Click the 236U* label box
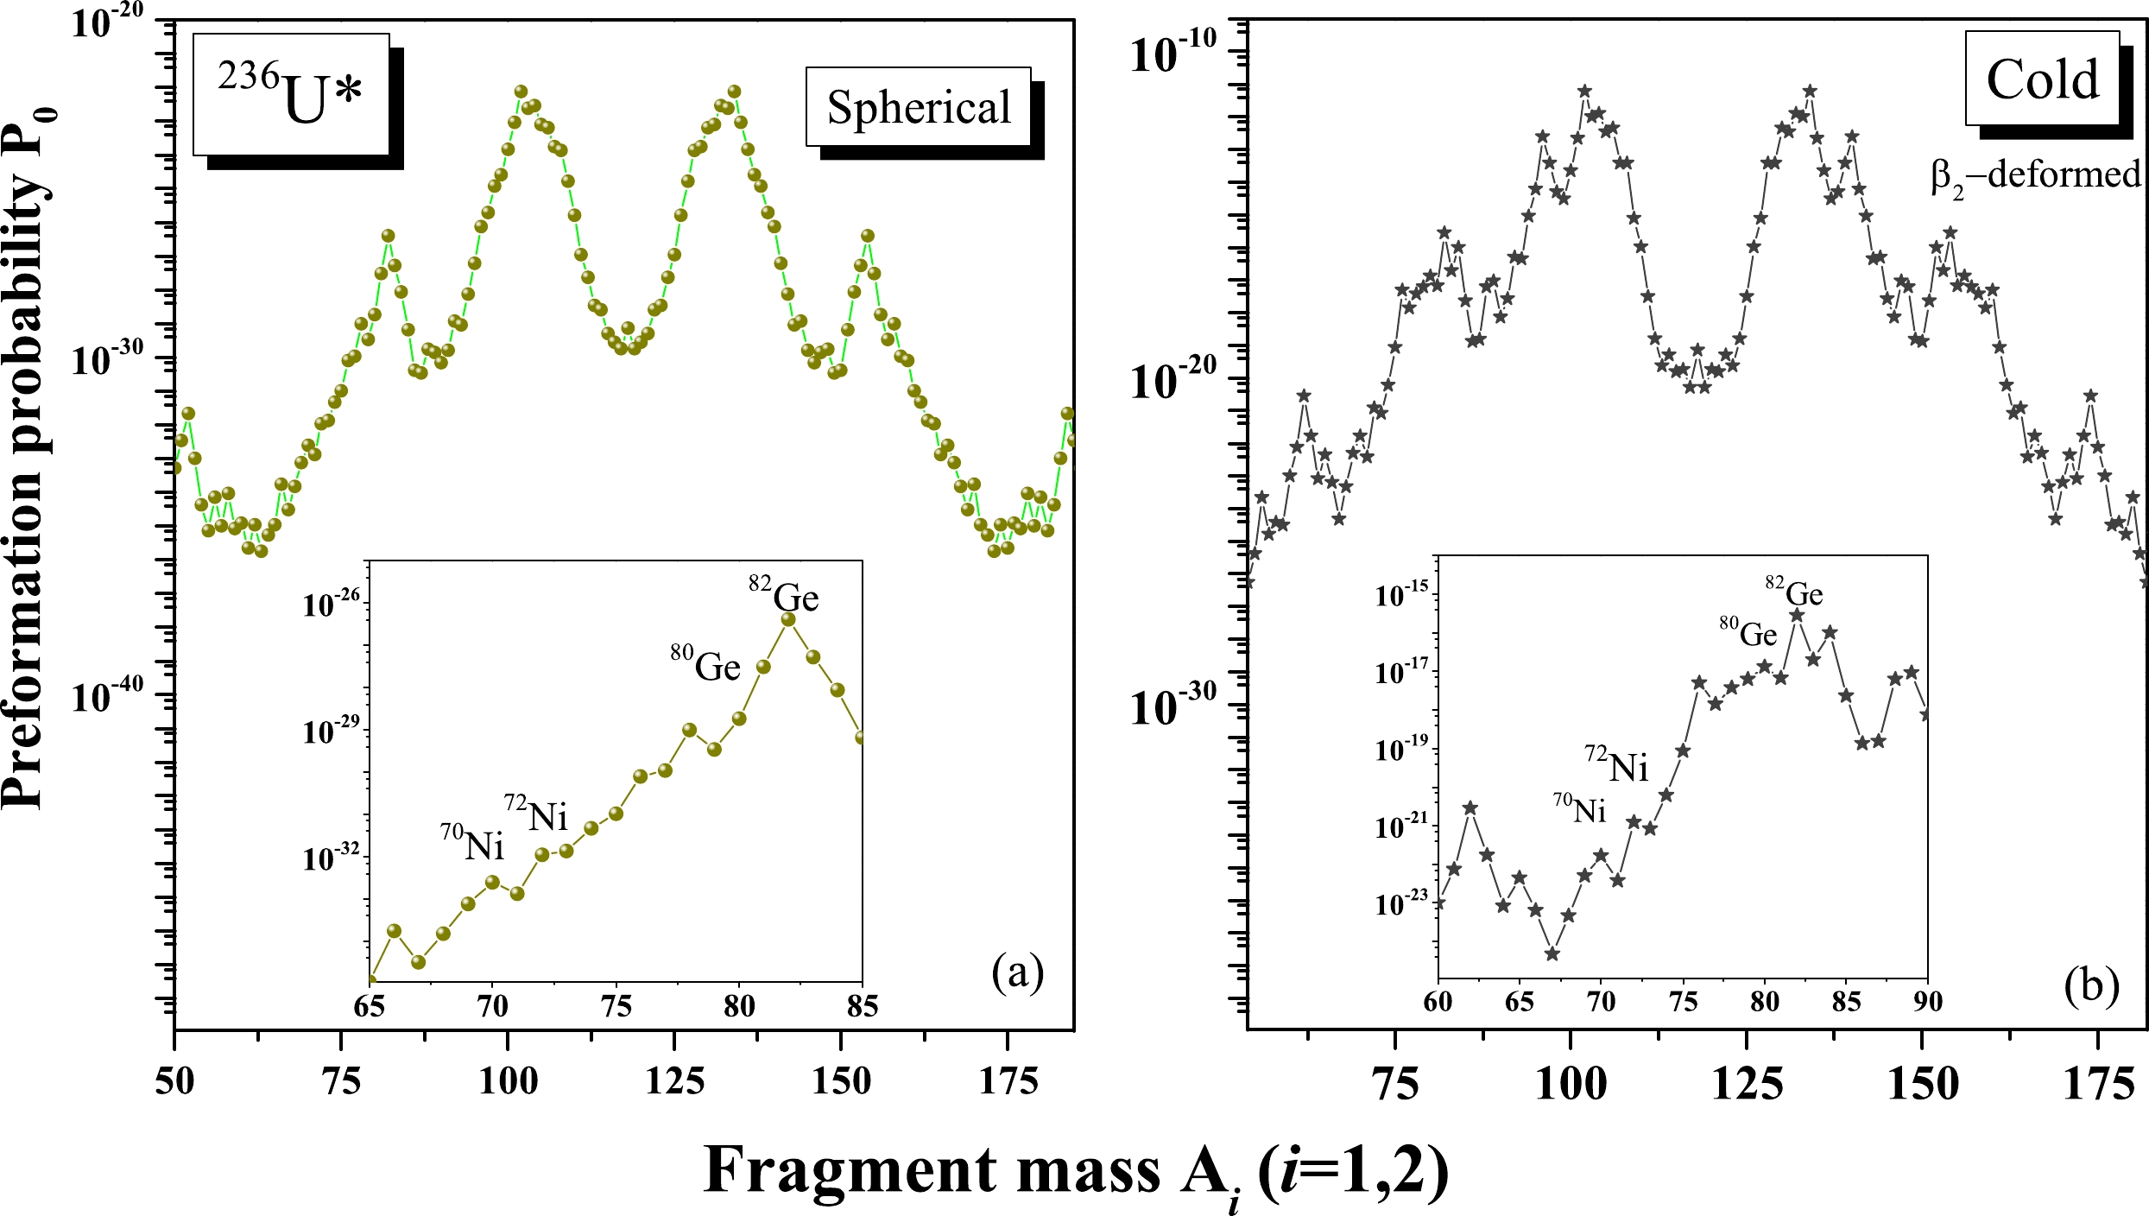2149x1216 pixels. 291,95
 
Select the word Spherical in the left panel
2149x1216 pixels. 919,108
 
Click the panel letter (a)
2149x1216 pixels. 1018,973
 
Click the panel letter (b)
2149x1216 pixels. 2091,985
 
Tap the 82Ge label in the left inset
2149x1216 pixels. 784,595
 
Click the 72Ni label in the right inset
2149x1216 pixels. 1616,764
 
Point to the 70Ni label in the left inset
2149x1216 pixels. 472,843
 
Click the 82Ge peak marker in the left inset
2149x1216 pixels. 788,618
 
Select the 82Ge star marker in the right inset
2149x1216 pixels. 1797,616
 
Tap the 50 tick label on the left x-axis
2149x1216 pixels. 174,1081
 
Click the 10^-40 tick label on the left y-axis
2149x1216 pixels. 108,696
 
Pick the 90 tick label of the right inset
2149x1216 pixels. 1927,1002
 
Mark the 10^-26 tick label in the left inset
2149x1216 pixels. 331,605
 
